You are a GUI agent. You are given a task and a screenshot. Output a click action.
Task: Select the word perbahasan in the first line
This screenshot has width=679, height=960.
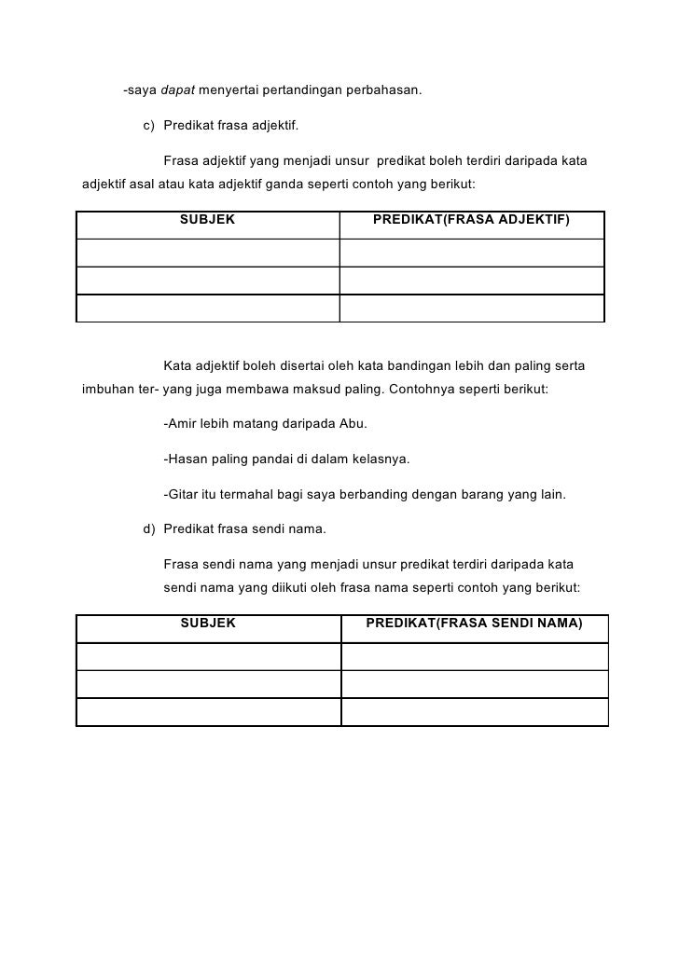tap(385, 91)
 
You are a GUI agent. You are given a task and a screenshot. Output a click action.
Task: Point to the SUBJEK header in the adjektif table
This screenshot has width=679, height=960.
tap(207, 220)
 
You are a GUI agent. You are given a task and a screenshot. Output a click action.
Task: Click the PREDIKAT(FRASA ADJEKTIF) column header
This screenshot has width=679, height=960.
tap(471, 220)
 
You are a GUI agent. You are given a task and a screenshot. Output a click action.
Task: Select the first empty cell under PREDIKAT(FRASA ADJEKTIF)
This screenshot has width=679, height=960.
tap(471, 253)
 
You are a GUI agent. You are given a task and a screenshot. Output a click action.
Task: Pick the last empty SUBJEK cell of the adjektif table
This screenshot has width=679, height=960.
tap(207, 309)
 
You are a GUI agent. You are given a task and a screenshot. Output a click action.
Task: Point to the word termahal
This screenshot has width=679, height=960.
tap(243, 494)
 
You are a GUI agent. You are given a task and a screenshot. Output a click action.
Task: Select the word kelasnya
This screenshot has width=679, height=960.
tap(378, 459)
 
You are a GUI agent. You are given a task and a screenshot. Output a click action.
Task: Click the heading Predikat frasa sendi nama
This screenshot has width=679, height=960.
tap(244, 529)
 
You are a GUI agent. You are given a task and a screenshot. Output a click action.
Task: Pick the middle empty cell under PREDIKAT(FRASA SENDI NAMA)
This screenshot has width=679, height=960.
tap(474, 683)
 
